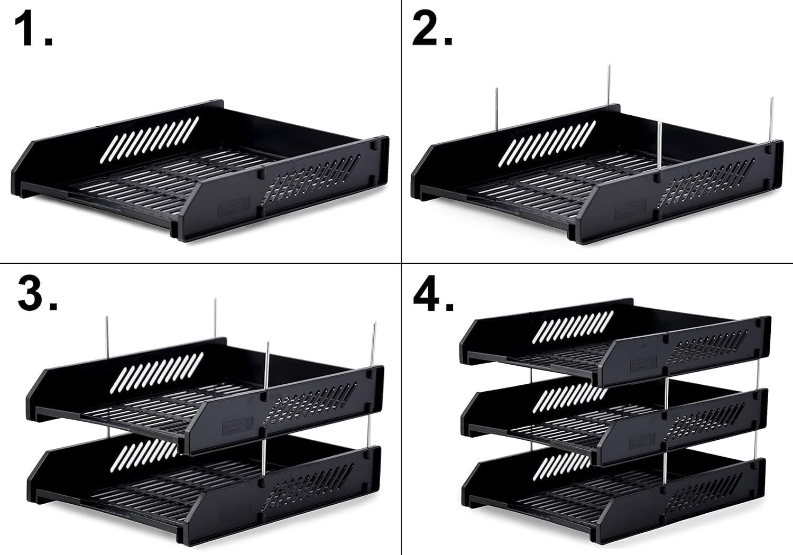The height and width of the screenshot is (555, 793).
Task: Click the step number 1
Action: tap(33, 29)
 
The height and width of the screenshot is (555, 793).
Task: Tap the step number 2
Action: tap(432, 29)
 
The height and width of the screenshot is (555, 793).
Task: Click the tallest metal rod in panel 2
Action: tap(609, 85)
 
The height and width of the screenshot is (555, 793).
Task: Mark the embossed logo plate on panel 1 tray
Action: tap(233, 207)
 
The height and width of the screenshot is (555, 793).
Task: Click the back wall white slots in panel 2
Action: tap(547, 144)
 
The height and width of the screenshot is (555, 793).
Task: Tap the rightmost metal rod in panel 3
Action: tap(373, 345)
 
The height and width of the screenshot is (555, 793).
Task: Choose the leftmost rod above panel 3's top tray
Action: tap(107, 337)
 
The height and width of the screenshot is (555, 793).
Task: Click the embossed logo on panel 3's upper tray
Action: tap(237, 426)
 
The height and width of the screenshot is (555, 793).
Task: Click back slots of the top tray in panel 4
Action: tap(573, 327)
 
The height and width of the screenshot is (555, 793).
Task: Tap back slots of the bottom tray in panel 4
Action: tap(566, 467)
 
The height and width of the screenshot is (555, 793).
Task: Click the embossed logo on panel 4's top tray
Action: tap(643, 364)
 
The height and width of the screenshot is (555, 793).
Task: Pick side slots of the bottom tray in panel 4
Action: tap(703, 494)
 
